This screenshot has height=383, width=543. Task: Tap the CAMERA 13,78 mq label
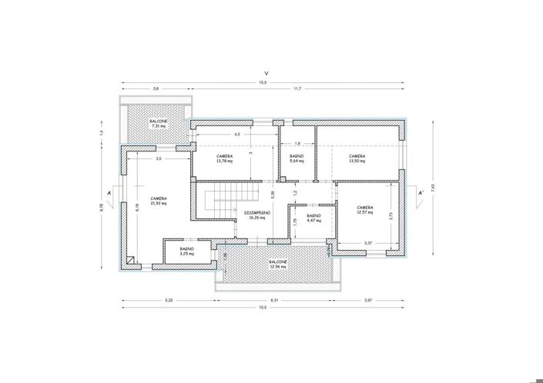[224, 158]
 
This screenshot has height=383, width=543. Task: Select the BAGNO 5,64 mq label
[297, 158]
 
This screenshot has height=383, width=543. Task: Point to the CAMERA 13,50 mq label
[356, 158]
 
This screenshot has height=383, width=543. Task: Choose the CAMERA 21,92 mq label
[159, 201]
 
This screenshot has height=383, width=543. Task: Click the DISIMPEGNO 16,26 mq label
[256, 215]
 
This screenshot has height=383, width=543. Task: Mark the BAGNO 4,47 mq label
[313, 218]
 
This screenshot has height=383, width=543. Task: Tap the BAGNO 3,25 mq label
[186, 251]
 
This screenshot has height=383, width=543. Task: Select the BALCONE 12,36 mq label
[279, 264]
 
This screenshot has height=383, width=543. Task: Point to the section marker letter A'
[420, 193]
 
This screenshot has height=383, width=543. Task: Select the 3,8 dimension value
[156, 89]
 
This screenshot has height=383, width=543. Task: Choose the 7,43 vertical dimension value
[434, 186]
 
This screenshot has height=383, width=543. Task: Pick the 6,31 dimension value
[273, 299]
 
